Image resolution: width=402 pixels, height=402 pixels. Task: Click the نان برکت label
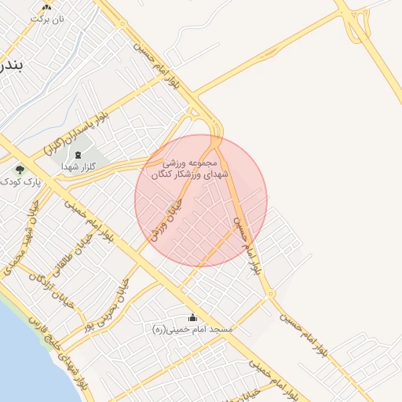coord(46,17)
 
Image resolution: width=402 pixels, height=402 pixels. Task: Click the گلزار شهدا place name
coord(79,166)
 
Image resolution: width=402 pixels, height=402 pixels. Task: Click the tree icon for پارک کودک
coord(19,170)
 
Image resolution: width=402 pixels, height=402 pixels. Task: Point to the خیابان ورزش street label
coord(166,218)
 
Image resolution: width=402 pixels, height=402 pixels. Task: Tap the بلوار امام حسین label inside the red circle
coord(244,244)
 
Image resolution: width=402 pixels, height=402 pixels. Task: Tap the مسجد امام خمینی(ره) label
coord(193,331)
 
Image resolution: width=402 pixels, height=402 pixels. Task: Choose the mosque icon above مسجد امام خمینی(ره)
coord(193,318)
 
